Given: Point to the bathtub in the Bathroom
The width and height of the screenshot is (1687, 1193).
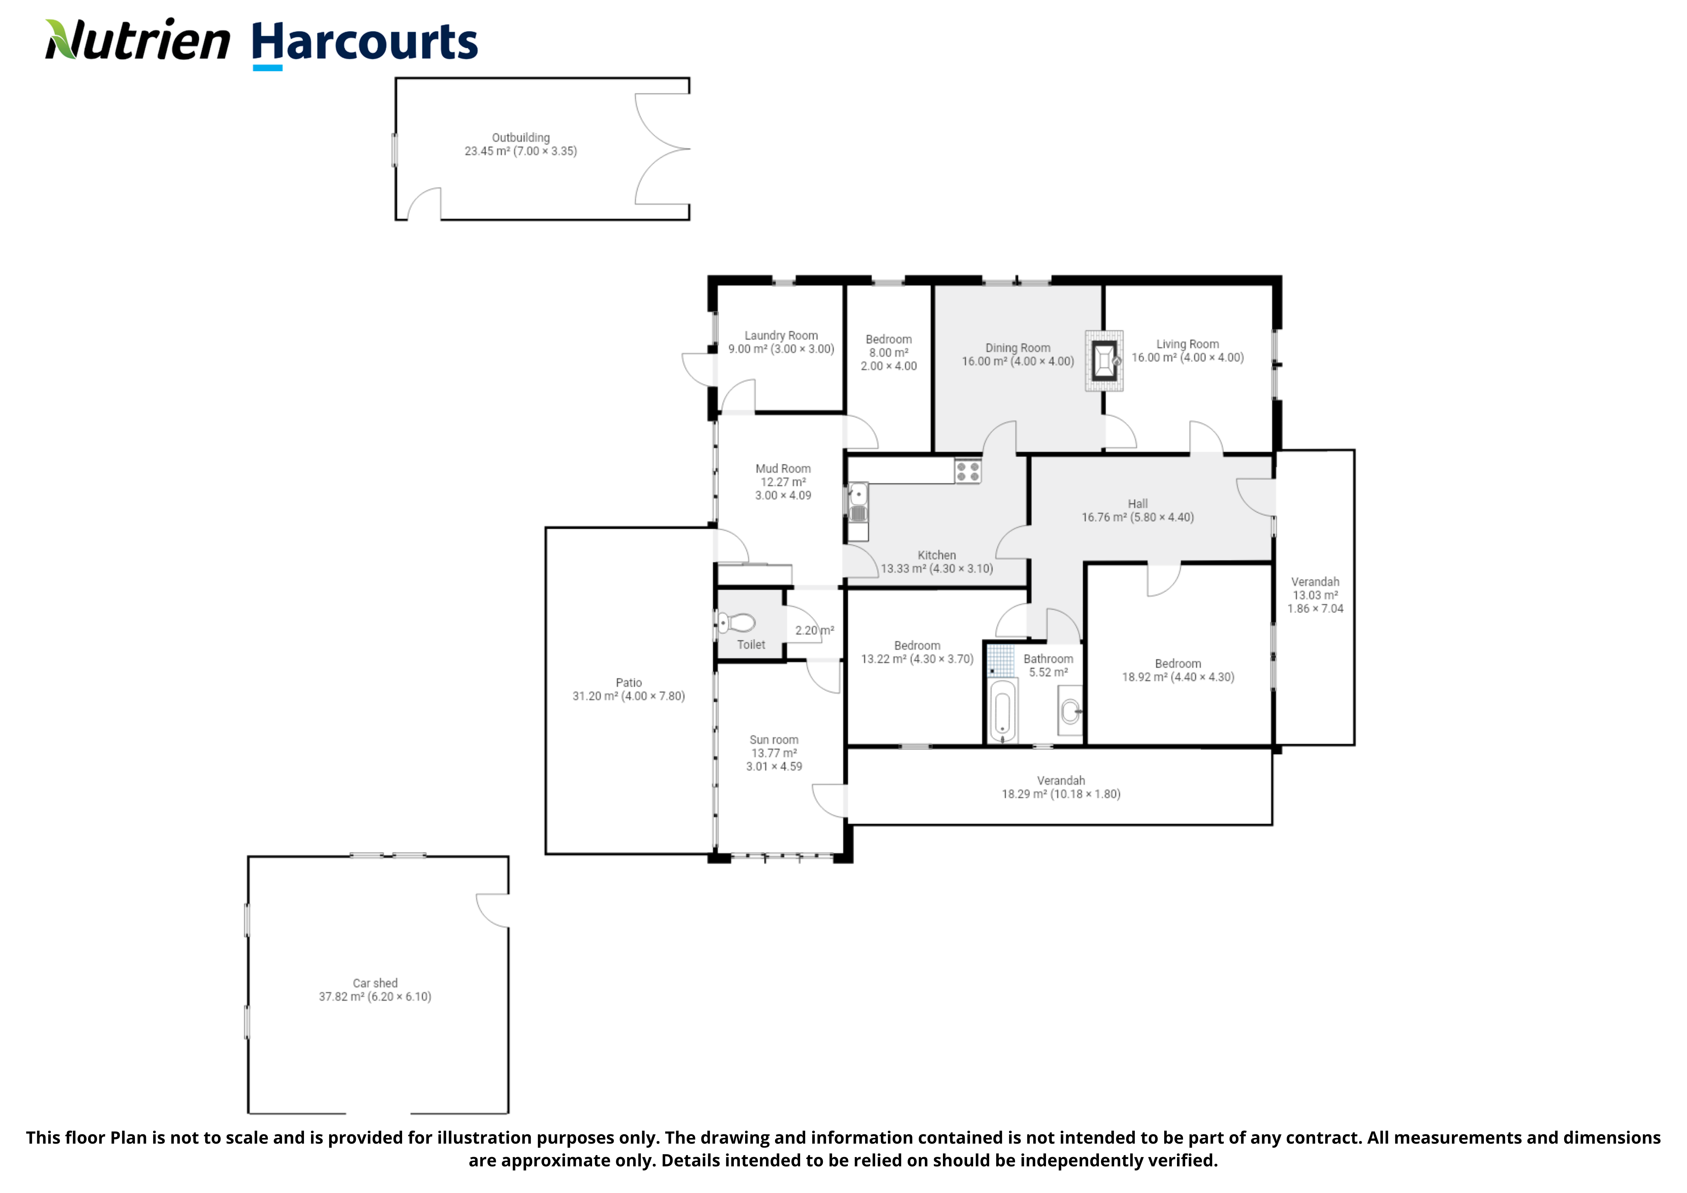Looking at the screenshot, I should [1003, 711].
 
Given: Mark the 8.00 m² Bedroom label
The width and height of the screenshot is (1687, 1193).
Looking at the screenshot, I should [888, 353].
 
